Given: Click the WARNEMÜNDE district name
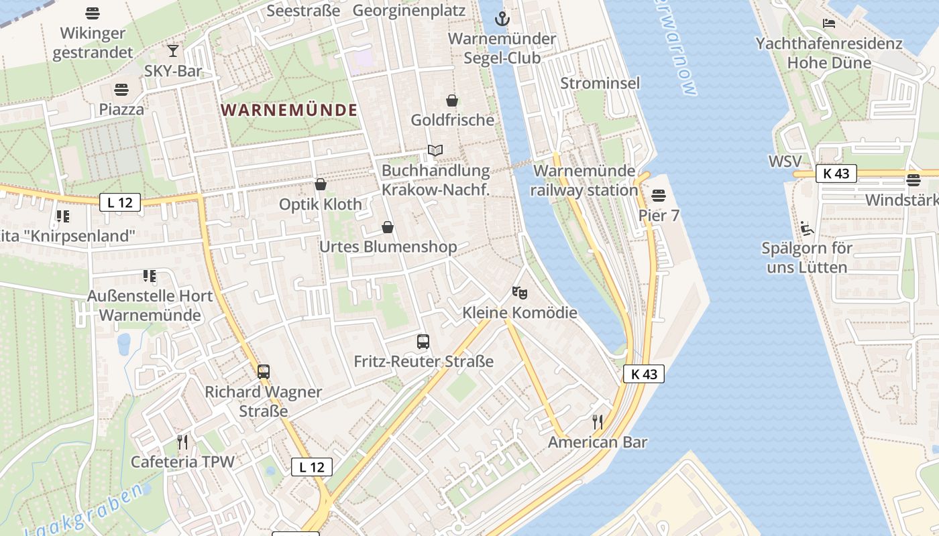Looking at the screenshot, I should point(289,110).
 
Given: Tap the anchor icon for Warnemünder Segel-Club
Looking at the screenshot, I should point(502,19).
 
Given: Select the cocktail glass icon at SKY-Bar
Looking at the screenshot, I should point(173,50).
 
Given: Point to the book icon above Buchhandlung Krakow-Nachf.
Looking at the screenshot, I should point(435,151).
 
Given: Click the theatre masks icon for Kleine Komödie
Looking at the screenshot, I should point(518,292).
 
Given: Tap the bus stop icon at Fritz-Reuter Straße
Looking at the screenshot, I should point(423,342).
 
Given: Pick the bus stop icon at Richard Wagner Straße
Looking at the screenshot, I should point(264,371).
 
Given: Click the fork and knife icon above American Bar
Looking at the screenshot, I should point(597,422).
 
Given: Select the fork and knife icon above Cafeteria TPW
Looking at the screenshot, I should point(182,442).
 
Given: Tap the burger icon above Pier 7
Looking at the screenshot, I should point(659,196).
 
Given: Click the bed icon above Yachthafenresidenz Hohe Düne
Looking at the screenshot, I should point(829,23).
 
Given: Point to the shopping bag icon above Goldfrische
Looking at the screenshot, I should point(452,100).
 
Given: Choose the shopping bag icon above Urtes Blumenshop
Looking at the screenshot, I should point(387,227).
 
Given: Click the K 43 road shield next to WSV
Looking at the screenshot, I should point(836,174).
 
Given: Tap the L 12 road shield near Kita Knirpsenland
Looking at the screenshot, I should point(120,202).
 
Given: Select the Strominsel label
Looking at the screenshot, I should point(600,83).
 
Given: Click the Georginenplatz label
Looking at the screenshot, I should point(408,11).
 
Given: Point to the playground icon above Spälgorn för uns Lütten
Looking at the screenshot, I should point(807,228).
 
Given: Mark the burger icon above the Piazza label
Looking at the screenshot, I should point(121,89).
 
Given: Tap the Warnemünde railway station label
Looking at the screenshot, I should point(584,180).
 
